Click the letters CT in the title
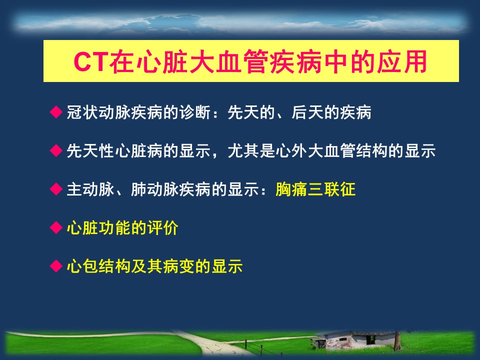[x=90, y=61]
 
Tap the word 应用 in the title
[x=401, y=61]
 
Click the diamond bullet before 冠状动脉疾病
[x=56, y=112]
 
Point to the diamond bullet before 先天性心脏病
[x=56, y=150]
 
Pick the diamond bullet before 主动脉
[x=56, y=189]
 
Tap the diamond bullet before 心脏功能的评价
[x=56, y=227]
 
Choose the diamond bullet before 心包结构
[x=56, y=266]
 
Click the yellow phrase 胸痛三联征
[x=315, y=189]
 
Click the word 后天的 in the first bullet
[x=315, y=112]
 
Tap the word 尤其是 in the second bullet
[x=251, y=150]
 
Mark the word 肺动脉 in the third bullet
[x=155, y=189]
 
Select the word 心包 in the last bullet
[x=82, y=266]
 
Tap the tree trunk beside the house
[x=397, y=341]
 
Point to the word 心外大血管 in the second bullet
[x=315, y=150]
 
